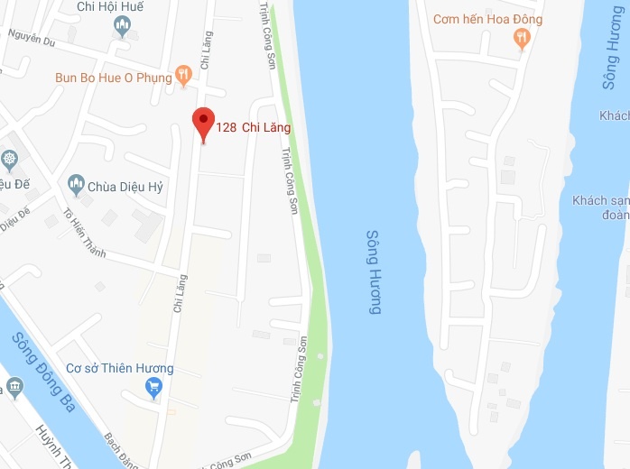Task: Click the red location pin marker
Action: (204, 124)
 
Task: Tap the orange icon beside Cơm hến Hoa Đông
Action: (521, 38)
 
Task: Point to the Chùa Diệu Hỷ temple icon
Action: (77, 186)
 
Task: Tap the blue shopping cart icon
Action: (153, 388)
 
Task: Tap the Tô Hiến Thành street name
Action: (84, 234)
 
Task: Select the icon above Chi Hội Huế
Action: (123, 26)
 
